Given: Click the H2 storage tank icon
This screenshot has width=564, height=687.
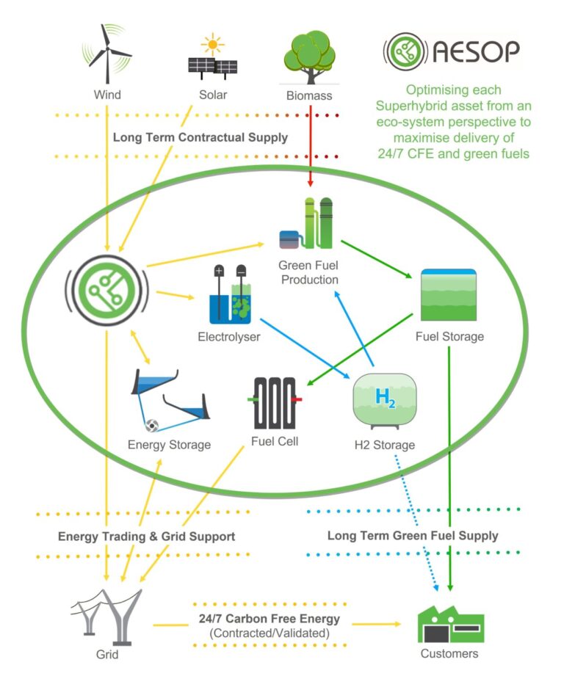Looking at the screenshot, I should click(384, 400).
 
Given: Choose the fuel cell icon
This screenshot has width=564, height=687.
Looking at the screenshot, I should click(274, 402).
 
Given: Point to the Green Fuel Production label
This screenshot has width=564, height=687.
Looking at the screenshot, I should click(308, 272).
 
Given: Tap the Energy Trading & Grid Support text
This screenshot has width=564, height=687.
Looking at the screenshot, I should click(147, 536).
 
